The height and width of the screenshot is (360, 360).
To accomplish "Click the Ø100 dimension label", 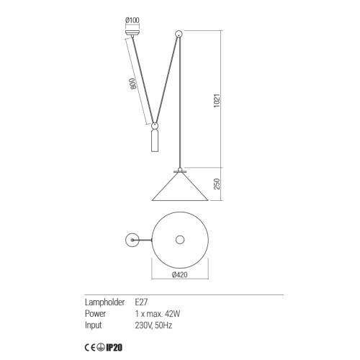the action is click(x=132, y=20).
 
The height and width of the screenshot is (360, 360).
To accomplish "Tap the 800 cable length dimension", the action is click(x=133, y=84).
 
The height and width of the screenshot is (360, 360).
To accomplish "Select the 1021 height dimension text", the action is click(x=217, y=101).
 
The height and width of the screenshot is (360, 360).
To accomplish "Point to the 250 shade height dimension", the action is click(x=217, y=184).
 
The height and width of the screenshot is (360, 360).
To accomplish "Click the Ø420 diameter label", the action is click(x=180, y=274).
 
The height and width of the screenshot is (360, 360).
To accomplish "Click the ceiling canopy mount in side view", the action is click(x=132, y=32).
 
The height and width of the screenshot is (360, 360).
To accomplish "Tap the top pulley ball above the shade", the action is click(x=179, y=34).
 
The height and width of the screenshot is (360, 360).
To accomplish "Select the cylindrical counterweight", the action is click(x=155, y=141).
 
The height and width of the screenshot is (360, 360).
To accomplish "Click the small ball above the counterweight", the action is click(x=155, y=126).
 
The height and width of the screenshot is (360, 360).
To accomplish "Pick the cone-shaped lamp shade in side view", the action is click(x=180, y=186).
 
